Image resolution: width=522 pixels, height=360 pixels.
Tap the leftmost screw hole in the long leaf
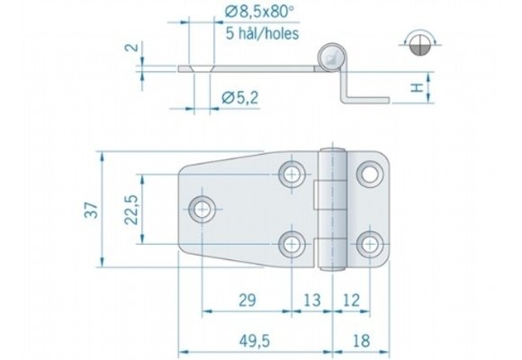(202, 209)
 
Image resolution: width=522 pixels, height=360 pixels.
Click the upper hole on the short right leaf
(368, 172)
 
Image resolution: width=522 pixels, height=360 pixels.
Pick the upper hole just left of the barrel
(292, 173)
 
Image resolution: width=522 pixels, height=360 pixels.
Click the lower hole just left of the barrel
(292, 243)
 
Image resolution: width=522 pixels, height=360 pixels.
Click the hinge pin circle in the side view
(331, 55)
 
